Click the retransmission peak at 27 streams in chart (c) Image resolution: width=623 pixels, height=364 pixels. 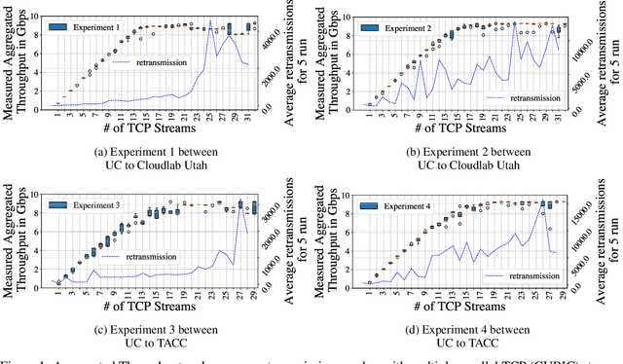[x=239, y=202]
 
